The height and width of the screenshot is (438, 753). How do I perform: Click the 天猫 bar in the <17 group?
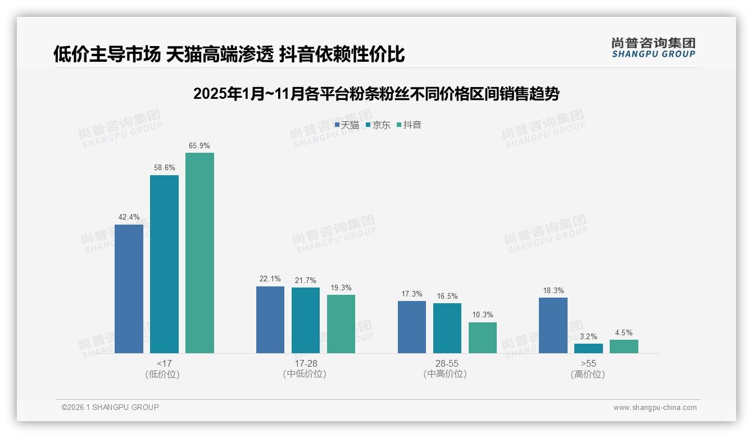[129, 289]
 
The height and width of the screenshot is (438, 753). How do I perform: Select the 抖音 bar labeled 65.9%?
[199, 253]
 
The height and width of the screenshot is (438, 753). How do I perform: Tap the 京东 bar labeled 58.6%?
[164, 264]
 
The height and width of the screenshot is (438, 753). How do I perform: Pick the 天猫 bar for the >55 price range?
[553, 325]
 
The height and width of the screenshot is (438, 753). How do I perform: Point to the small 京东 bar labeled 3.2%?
[588, 348]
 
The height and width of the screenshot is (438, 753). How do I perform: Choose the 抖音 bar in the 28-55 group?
[483, 337]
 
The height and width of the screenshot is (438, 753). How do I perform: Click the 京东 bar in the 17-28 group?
[306, 320]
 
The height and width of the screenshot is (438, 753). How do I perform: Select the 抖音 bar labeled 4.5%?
[624, 346]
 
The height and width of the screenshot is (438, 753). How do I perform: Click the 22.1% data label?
[270, 279]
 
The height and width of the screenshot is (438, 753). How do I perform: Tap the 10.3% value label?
[483, 315]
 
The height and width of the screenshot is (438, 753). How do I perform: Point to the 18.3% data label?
[553, 291]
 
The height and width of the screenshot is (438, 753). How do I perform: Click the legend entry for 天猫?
[347, 125]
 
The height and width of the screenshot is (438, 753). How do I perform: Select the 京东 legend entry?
[378, 125]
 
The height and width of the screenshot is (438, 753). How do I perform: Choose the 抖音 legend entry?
[409, 125]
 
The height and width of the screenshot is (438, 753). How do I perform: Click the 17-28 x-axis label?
[306, 364]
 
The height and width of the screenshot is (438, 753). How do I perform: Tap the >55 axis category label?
[588, 364]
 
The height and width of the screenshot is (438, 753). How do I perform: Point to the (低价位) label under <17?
[162, 375]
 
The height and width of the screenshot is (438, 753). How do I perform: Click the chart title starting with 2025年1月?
[376, 94]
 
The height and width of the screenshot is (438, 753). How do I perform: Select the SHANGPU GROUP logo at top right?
[653, 48]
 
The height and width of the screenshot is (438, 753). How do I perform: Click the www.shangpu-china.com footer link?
[655, 408]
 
